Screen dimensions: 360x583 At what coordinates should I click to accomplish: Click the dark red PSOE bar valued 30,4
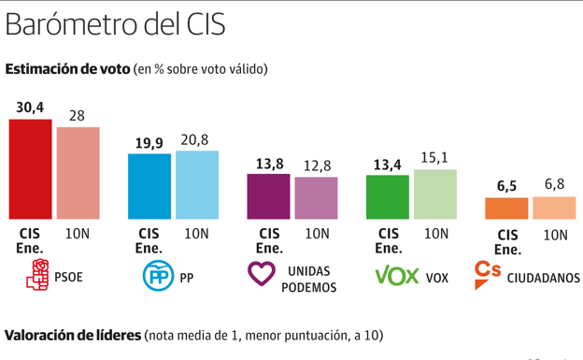pyautogui.click(x=30, y=169)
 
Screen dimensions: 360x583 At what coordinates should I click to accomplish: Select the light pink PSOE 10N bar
pyautogui.click(x=78, y=173)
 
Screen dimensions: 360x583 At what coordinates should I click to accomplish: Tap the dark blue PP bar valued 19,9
pyautogui.click(x=149, y=186)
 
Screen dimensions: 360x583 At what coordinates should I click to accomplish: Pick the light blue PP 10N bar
pyautogui.click(x=196, y=184)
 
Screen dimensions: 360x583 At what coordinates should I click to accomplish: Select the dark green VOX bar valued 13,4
pyautogui.click(x=388, y=196)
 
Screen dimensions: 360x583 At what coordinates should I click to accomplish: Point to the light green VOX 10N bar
pyautogui.click(x=435, y=194)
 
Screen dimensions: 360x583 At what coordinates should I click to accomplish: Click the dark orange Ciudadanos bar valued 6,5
pyautogui.click(x=506, y=209)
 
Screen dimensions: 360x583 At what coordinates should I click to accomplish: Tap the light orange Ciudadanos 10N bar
pyautogui.click(x=554, y=208)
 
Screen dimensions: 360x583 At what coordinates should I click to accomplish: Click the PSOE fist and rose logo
pyautogui.click(x=38, y=276)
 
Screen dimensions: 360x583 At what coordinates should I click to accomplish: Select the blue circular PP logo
pyautogui.click(x=158, y=276)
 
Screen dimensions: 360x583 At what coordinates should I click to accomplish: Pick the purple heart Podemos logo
pyautogui.click(x=262, y=274)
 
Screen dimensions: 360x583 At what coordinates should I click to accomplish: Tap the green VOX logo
pyautogui.click(x=396, y=276)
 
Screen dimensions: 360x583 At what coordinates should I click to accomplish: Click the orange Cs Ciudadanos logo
pyautogui.click(x=488, y=273)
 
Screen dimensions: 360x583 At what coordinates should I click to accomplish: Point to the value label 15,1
pyautogui.click(x=434, y=158)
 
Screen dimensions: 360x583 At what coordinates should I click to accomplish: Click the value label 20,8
pyautogui.click(x=196, y=139)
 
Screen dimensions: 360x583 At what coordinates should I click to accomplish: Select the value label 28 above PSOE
pyautogui.click(x=77, y=115)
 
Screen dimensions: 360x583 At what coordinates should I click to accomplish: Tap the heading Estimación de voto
pyautogui.click(x=67, y=69)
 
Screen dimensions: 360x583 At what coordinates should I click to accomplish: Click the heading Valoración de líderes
pyautogui.click(x=73, y=335)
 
